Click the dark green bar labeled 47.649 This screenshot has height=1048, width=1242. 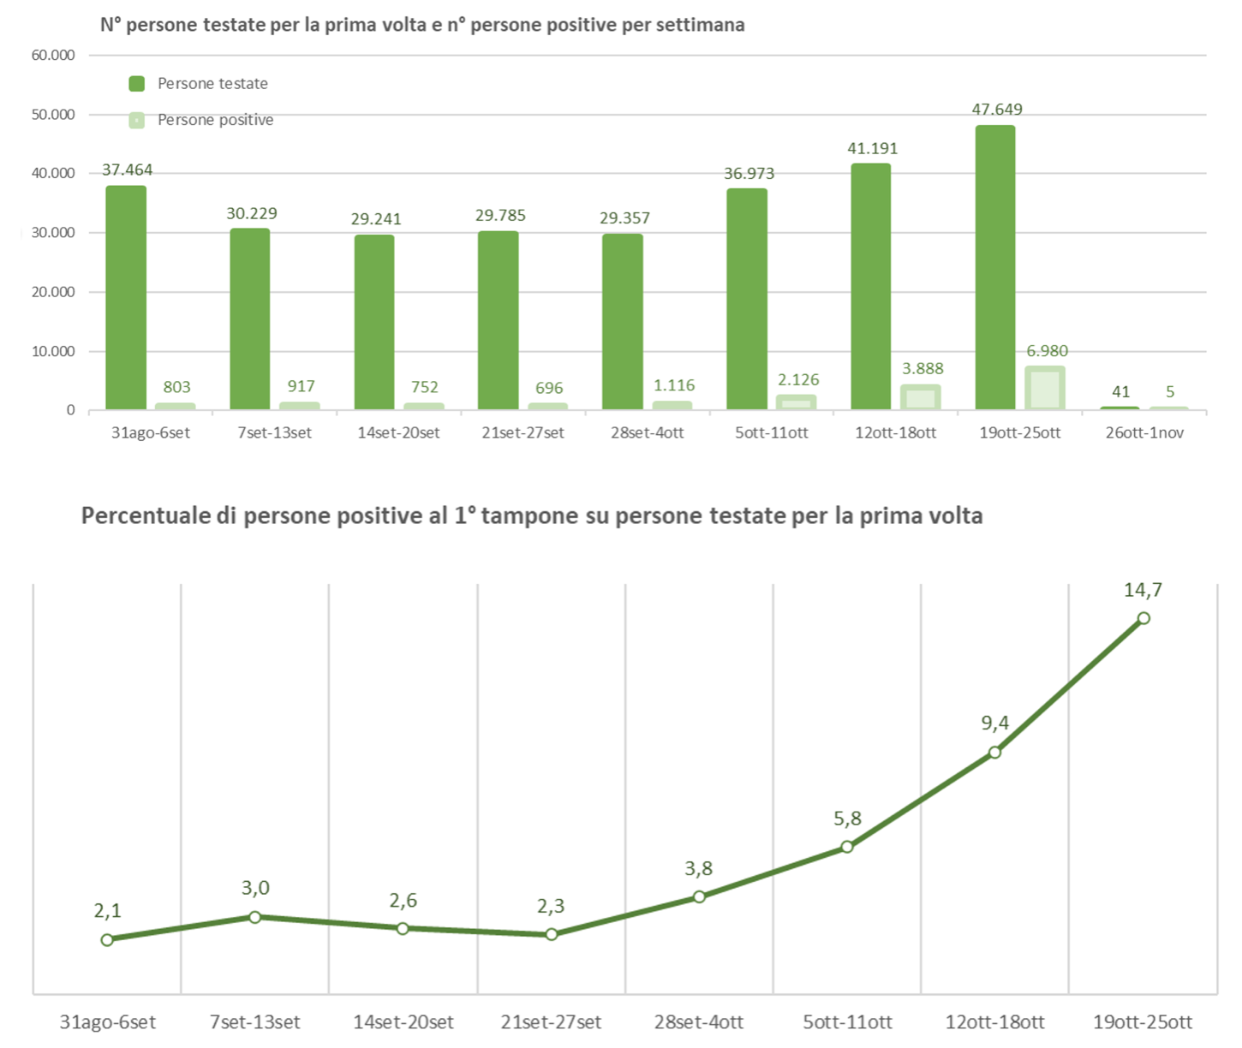click(994, 267)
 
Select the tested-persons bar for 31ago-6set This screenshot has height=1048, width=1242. click(126, 297)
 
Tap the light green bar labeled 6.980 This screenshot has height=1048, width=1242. click(1045, 389)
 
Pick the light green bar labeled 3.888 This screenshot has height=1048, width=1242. click(921, 397)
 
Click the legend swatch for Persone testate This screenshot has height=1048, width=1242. click(136, 83)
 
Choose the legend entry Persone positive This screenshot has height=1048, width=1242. click(215, 120)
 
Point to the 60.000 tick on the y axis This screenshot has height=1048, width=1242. click(53, 55)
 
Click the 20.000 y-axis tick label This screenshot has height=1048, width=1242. click(53, 292)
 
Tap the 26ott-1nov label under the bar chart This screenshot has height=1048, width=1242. click(1144, 432)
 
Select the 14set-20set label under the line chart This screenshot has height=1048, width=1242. click(403, 1021)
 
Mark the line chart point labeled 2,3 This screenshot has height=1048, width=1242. click(552, 934)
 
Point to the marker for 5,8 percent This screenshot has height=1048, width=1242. click(847, 847)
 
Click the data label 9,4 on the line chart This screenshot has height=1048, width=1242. click(994, 723)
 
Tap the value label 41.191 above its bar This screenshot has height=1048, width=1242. click(872, 148)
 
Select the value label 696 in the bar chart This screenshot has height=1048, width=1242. click(549, 388)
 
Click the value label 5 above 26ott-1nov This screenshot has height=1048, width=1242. click(1170, 391)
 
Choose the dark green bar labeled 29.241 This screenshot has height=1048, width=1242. click(374, 322)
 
